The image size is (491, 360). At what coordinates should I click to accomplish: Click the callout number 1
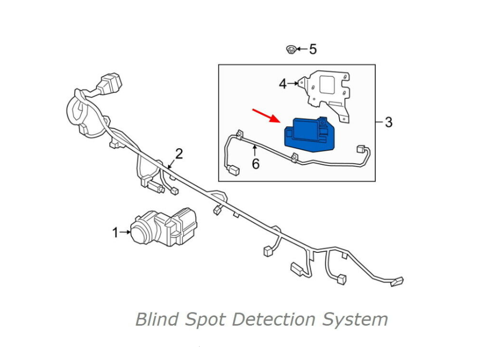[115, 233]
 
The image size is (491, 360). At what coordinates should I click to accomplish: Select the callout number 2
[179, 153]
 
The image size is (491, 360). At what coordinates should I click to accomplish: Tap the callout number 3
[388, 122]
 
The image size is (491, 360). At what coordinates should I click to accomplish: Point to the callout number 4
[283, 84]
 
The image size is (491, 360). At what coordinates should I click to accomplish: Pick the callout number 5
[313, 49]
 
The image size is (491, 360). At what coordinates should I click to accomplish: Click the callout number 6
[255, 164]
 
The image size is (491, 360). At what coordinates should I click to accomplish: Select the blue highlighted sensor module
[308, 134]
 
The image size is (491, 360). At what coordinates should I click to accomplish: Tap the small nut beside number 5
[291, 50]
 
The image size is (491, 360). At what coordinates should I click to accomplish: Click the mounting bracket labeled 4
[328, 90]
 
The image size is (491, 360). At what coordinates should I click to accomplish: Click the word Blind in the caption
[157, 319]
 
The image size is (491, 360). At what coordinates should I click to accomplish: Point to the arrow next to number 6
[255, 151]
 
